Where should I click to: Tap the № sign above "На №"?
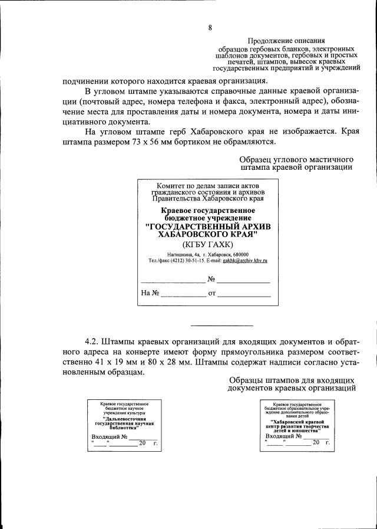coord(209,278)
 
